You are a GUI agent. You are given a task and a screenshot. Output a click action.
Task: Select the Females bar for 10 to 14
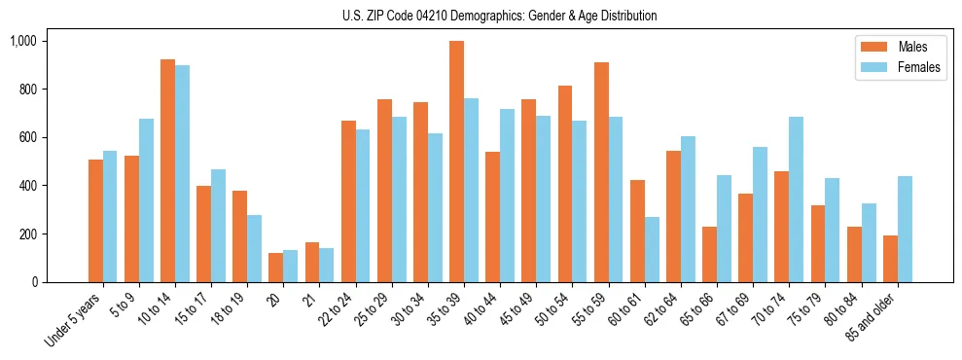click(x=182, y=174)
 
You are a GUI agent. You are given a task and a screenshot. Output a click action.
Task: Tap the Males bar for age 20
click(x=276, y=268)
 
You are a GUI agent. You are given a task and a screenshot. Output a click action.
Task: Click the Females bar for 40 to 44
click(x=507, y=196)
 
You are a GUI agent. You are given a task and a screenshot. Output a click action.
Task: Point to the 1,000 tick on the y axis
click(x=24, y=41)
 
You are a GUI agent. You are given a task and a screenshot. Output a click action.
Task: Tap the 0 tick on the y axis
click(x=35, y=282)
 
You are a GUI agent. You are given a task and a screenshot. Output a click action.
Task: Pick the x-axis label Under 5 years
click(x=72, y=320)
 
